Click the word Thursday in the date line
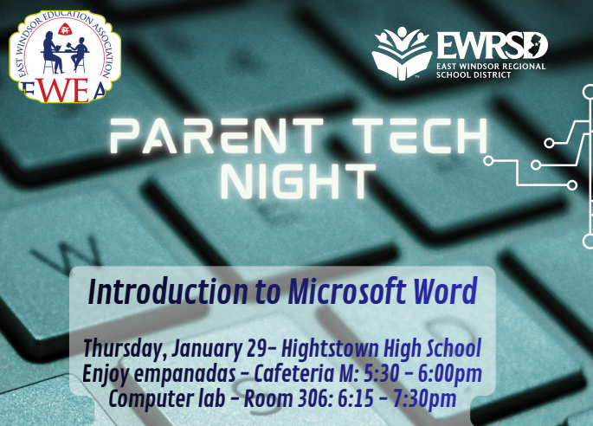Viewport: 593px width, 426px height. coord(121,349)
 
